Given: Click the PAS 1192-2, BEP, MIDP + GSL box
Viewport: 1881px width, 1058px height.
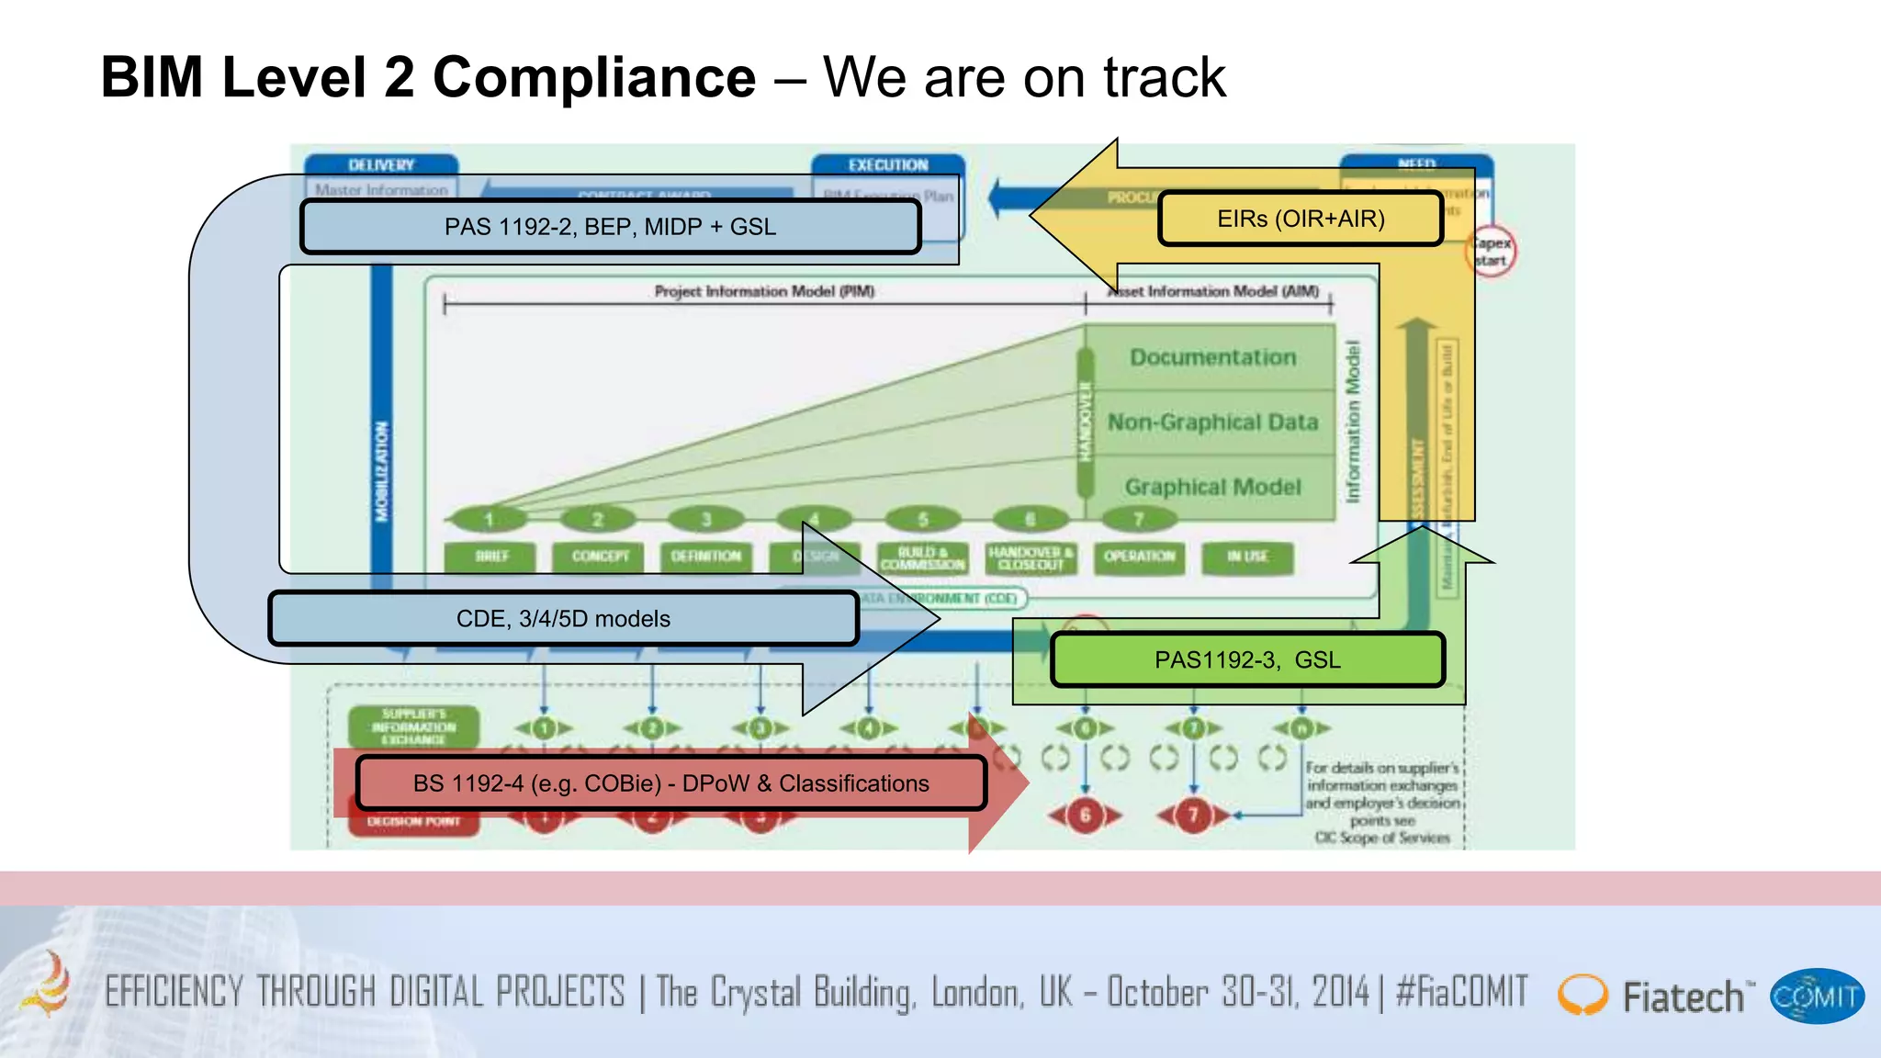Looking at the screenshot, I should click(610, 227).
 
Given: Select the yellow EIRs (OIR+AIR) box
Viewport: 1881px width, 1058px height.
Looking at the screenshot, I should click(1301, 219).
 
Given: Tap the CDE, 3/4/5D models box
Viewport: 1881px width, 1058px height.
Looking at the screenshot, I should click(563, 619).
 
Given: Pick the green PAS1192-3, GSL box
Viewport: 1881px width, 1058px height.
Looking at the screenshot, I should click(1247, 659).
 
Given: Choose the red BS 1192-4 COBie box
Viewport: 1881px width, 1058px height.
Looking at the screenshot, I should click(670, 783).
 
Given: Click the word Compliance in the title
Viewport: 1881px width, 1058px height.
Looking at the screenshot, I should click(594, 77).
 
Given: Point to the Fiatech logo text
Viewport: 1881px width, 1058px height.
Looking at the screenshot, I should click(1682, 997).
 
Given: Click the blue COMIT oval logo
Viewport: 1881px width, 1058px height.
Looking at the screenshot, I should click(1816, 996).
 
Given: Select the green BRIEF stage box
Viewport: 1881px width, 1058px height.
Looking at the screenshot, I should click(491, 557).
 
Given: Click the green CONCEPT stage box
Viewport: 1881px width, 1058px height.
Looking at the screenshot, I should click(600, 557).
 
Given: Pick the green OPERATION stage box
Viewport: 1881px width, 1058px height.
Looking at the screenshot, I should click(1139, 557).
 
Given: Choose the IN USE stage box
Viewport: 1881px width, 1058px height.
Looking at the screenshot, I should click(1247, 557).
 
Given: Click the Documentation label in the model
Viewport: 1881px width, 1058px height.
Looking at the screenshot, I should click(1212, 357).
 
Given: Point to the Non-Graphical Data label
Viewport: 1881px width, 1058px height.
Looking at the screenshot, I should click(1212, 422).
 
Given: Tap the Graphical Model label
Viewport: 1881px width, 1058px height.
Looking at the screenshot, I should click(1212, 487).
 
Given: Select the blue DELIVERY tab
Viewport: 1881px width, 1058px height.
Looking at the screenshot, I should click(381, 165).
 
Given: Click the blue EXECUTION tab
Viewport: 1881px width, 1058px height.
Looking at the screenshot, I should click(887, 165).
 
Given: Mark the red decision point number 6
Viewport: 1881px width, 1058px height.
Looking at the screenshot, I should click(1085, 815).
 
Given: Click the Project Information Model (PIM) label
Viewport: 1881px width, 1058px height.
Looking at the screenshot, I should click(764, 291).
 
